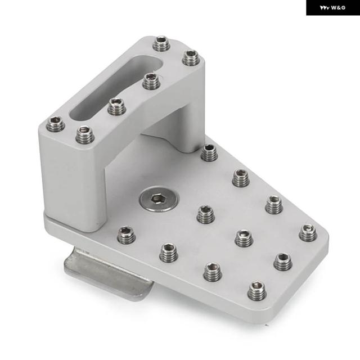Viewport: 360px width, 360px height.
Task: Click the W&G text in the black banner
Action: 338,8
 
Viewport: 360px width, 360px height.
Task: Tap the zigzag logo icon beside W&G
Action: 325,8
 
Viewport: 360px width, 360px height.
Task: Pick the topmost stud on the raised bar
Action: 161,43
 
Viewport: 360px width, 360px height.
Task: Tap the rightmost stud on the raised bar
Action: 191,57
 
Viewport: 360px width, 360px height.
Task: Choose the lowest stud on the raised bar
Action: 85,134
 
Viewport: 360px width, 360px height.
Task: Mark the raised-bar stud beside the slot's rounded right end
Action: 151,81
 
